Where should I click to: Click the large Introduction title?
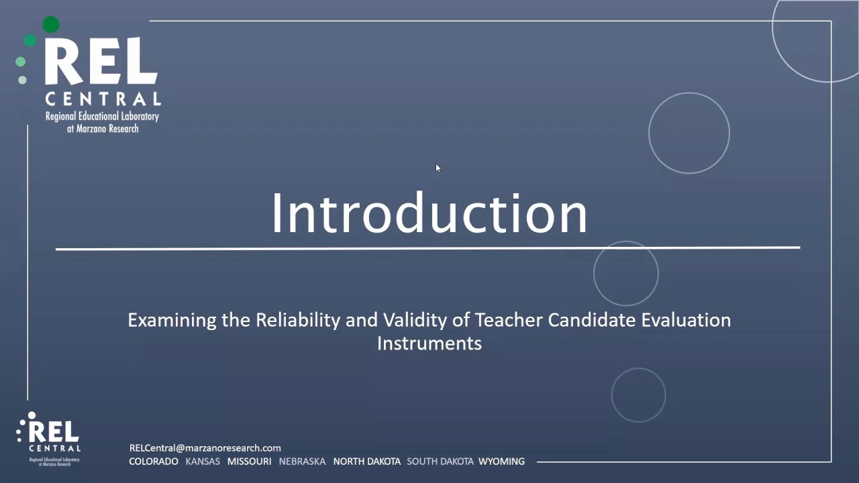point(429,213)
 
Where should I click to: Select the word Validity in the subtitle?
point(415,320)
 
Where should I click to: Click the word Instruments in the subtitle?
point(429,343)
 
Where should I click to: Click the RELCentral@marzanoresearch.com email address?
point(205,448)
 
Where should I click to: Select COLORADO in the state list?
point(154,462)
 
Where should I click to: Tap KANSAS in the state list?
point(203,462)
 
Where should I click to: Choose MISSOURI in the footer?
point(249,462)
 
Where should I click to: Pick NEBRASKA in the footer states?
point(302,462)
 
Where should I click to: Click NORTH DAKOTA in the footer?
point(366,462)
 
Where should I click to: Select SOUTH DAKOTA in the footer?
point(440,462)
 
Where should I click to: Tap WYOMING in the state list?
point(501,462)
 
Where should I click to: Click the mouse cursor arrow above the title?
point(438,168)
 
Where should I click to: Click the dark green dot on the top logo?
point(51,25)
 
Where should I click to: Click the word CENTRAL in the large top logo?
point(103,99)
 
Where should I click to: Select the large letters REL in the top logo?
point(101,62)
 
